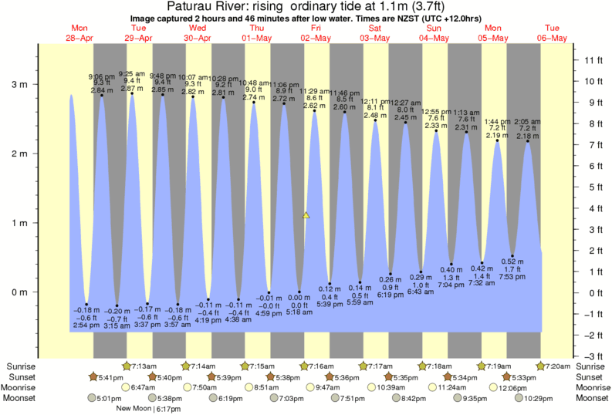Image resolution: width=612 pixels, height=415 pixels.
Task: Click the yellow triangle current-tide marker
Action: (x=306, y=216)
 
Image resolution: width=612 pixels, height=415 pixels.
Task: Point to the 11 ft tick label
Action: (x=592, y=60)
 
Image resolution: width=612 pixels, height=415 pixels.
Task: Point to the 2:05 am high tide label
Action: (x=529, y=122)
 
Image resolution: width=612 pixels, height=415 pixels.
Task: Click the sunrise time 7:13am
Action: (x=145, y=365)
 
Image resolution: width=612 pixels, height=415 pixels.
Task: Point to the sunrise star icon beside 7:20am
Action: (x=542, y=365)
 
